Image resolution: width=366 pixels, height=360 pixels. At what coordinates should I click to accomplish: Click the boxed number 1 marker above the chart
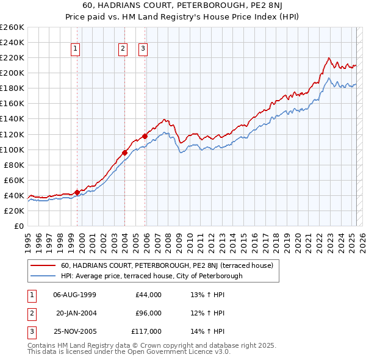click(x=76, y=49)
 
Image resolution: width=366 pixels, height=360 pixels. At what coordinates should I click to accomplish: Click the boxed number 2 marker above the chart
click(x=123, y=49)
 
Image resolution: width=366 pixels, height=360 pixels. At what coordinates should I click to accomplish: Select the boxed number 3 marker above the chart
click(x=143, y=49)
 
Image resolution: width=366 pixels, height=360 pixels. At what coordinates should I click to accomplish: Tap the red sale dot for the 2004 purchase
click(x=124, y=153)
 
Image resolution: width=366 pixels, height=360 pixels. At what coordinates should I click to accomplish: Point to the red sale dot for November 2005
click(x=145, y=136)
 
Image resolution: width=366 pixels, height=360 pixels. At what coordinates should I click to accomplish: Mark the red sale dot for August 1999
click(x=77, y=192)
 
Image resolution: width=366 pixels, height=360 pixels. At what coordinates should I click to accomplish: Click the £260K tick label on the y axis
click(x=12, y=27)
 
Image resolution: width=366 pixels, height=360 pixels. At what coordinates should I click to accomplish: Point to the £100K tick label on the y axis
click(x=12, y=149)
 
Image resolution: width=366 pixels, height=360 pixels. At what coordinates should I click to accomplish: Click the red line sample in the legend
click(x=43, y=265)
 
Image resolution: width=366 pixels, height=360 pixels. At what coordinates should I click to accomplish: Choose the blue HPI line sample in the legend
click(x=43, y=276)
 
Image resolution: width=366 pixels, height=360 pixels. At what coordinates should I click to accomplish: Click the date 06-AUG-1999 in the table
click(x=75, y=295)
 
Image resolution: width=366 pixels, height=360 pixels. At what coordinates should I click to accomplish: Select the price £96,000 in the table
click(x=148, y=313)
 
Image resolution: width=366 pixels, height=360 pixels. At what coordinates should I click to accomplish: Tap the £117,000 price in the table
click(x=147, y=331)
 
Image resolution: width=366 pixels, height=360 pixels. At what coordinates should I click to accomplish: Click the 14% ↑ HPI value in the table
click(x=208, y=331)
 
